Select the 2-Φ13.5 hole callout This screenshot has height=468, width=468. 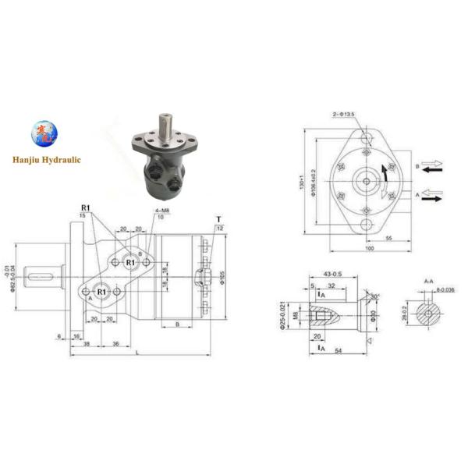342,114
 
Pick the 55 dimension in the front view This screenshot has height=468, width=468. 388,238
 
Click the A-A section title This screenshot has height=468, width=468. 428,280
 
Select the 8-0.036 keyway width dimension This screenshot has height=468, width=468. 444,290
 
